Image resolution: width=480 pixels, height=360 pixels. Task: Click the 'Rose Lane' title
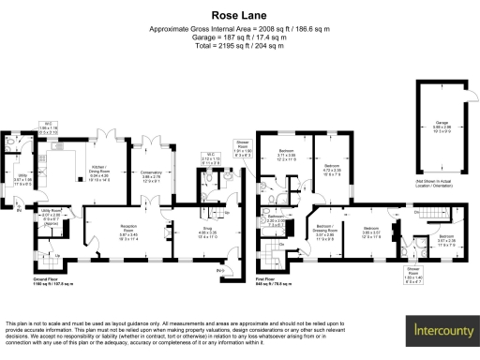pos(240,15)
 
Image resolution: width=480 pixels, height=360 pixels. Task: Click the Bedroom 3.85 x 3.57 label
pos(370,231)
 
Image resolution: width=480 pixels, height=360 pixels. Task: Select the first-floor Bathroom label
pos(275,222)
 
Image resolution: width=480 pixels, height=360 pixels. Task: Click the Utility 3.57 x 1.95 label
pos(23,181)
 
